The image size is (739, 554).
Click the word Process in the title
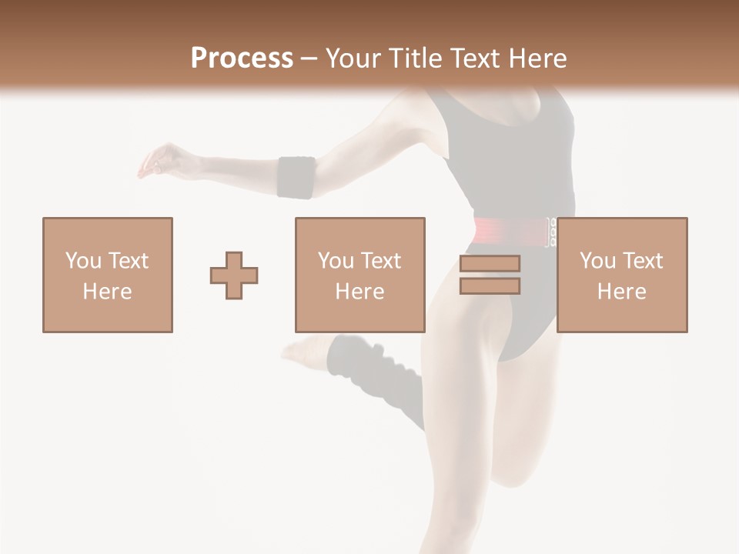pyautogui.click(x=242, y=58)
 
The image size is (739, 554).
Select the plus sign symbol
pyautogui.click(x=234, y=275)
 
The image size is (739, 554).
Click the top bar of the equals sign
pyautogui.click(x=490, y=263)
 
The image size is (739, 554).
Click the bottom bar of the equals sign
pyautogui.click(x=490, y=286)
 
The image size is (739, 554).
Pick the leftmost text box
pyautogui.click(x=108, y=275)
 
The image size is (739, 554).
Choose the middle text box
pyautogui.click(x=359, y=275)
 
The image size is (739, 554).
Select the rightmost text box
pyautogui.click(x=622, y=275)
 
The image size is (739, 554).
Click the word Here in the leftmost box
pyautogui.click(x=107, y=292)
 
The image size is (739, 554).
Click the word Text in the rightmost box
pyautogui.click(x=643, y=261)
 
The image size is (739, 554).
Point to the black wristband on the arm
pyautogui.click(x=296, y=177)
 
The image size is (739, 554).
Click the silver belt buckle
pyautogui.click(x=551, y=232)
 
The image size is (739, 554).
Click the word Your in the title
pyautogui.click(x=354, y=58)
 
